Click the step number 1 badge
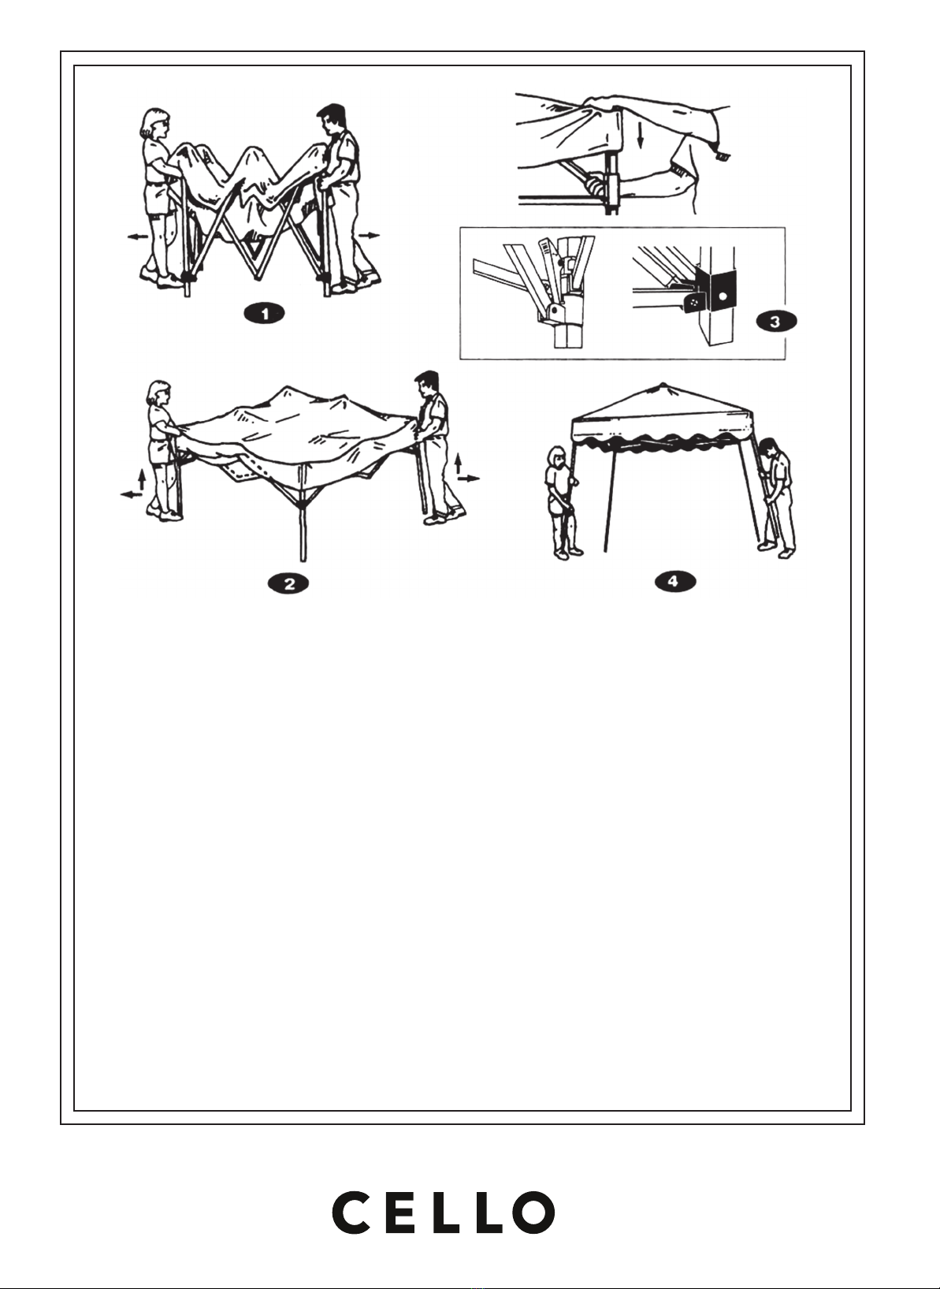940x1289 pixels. click(265, 315)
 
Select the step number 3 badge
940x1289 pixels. click(776, 321)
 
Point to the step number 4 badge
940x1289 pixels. click(674, 581)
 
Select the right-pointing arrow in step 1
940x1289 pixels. click(370, 235)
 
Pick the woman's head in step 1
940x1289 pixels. click(157, 122)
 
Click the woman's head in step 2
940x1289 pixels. click(160, 393)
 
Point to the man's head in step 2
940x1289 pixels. click(426, 383)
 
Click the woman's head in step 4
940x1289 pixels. click(557, 457)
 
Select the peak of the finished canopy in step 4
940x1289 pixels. click(662, 384)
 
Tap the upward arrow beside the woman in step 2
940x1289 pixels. click(142, 479)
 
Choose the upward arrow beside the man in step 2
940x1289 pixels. click(458, 464)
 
